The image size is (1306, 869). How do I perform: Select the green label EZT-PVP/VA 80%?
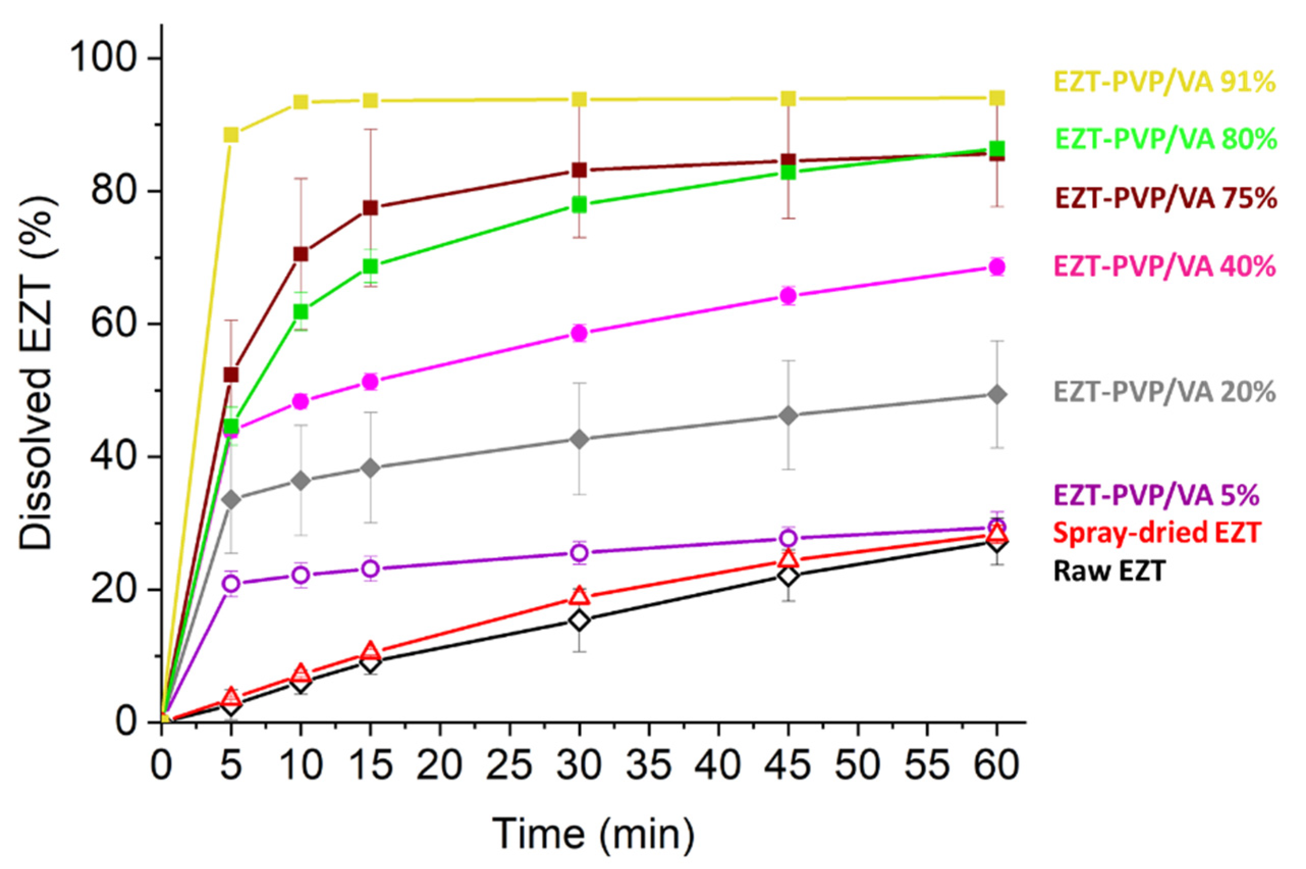[1165, 140]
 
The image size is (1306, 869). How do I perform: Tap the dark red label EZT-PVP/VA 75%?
[1165, 199]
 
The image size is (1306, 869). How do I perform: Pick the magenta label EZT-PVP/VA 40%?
[1164, 267]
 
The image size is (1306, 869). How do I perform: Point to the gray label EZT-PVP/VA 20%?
[1164, 392]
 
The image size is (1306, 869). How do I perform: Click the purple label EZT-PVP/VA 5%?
[1156, 495]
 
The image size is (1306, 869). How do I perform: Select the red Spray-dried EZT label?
[1156, 533]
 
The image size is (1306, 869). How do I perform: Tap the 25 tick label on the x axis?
[510, 767]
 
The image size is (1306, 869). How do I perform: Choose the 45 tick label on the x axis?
[788, 767]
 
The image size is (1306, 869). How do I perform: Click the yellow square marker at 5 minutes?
[231, 134]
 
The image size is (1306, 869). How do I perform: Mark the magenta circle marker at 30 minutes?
[579, 333]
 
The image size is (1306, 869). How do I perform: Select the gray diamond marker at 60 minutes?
[997, 395]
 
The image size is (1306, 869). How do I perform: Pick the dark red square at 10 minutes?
[300, 254]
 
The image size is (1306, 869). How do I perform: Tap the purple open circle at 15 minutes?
[371, 568]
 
